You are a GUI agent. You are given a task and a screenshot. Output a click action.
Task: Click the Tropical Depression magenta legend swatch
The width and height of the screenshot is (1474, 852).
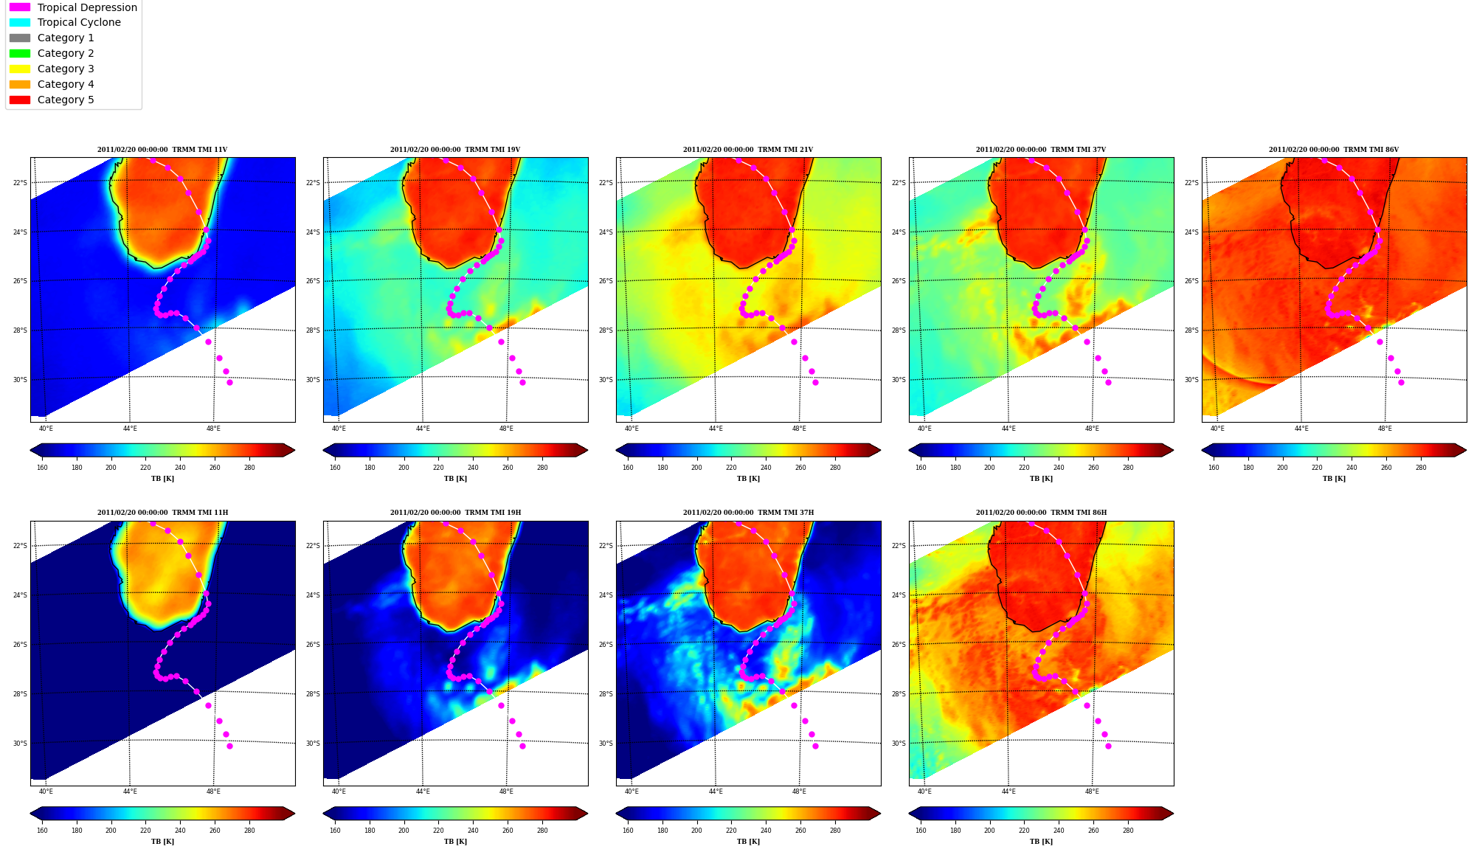point(20,7)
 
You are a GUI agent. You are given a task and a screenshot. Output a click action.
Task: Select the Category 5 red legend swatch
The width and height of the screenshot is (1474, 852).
point(20,100)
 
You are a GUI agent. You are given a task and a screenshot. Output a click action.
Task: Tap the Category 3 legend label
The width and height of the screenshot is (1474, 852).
point(66,69)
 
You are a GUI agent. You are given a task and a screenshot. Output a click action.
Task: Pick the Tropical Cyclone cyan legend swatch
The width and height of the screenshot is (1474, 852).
point(20,23)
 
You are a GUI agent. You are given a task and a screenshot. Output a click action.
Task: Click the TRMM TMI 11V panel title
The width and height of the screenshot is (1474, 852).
point(162,150)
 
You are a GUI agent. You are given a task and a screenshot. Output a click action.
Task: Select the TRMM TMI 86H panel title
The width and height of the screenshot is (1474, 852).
point(1041,513)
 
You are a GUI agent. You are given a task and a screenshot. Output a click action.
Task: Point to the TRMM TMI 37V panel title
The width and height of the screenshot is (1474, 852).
point(1041,150)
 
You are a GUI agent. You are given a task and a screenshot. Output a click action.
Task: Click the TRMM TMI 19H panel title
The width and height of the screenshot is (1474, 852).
point(455,513)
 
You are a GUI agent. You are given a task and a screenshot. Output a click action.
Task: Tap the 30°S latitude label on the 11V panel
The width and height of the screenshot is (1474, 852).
point(20,380)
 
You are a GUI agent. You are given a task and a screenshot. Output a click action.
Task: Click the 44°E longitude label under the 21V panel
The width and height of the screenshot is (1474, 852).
point(716,429)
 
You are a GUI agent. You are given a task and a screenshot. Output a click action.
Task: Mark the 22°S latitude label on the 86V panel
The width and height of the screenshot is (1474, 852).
point(1191,183)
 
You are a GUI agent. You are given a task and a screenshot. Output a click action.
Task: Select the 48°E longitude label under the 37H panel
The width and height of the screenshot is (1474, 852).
point(799,792)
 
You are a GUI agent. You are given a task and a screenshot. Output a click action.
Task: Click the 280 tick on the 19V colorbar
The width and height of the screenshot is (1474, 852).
point(542,468)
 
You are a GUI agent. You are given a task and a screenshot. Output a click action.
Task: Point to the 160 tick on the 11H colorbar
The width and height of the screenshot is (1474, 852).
point(42,831)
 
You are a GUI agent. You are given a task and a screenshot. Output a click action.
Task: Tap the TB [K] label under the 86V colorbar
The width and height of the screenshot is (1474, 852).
point(1334,479)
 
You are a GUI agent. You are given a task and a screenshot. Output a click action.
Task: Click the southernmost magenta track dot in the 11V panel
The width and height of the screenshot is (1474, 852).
point(229,382)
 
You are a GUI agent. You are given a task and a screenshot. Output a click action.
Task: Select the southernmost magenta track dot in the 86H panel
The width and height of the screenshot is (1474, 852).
point(1108,746)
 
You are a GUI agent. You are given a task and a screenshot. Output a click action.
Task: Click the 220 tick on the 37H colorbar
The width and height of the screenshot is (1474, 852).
point(731,831)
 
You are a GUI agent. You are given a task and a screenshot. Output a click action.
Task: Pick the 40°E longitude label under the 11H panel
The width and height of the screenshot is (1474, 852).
point(46,792)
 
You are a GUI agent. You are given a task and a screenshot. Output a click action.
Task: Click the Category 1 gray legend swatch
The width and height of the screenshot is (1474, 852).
point(20,38)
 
